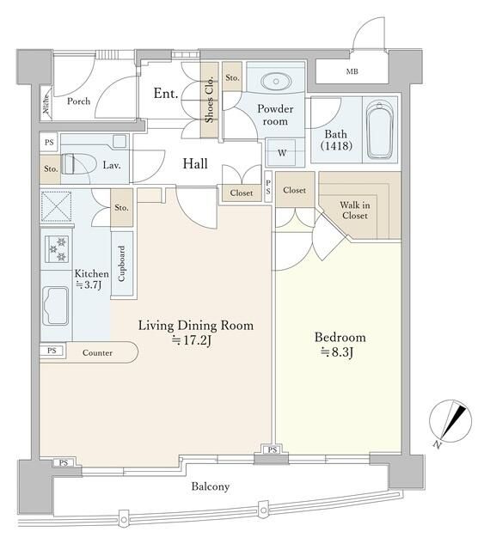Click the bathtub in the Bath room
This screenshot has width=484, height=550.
point(380,130)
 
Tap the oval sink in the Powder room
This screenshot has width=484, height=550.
point(276,82)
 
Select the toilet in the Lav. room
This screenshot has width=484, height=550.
point(79,164)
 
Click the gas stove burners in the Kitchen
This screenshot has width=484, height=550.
point(57,248)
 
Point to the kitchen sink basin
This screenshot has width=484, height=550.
point(56,306)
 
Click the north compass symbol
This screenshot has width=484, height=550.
point(450,422)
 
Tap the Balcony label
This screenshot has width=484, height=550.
point(211,486)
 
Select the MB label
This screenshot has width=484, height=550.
point(352,71)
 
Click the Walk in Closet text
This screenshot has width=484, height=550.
point(355,210)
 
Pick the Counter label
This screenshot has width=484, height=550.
point(97,353)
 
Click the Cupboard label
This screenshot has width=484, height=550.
point(121,264)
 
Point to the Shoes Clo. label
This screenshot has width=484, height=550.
point(209,99)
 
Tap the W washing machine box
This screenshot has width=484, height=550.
point(282,153)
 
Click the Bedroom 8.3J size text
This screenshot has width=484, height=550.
point(337,352)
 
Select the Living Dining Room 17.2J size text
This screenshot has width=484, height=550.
point(192,340)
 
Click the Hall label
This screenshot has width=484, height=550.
point(195,163)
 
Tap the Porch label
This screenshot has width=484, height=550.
point(78,101)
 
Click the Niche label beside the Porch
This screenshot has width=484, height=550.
point(46,103)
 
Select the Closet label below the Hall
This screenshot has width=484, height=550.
point(242,192)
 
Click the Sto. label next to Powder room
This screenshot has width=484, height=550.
point(232,77)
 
